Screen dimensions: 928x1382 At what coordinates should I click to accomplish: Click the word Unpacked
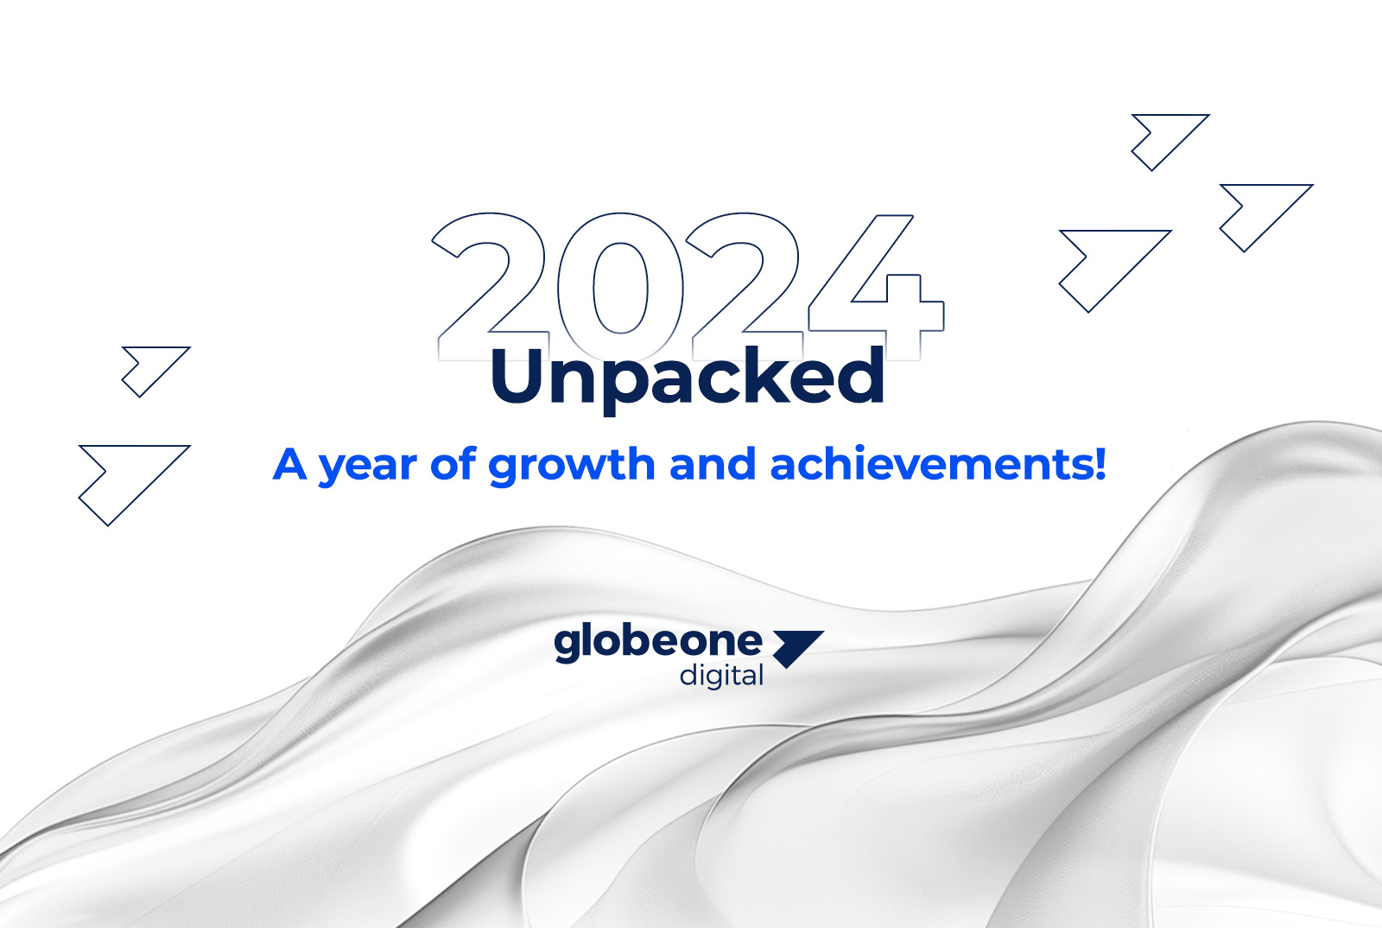coord(688,377)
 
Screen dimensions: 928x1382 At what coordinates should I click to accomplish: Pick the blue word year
coord(368,467)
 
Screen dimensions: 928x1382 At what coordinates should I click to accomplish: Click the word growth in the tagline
coord(571,467)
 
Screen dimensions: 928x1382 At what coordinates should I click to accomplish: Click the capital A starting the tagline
coord(290,464)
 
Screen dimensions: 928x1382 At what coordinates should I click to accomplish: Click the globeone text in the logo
coord(657,642)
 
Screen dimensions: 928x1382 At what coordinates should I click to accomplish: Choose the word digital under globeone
coord(721,675)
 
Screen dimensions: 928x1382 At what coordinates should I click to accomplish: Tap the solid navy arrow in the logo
coord(797,647)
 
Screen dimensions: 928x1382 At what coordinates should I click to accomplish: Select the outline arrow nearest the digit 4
coord(1111,264)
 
